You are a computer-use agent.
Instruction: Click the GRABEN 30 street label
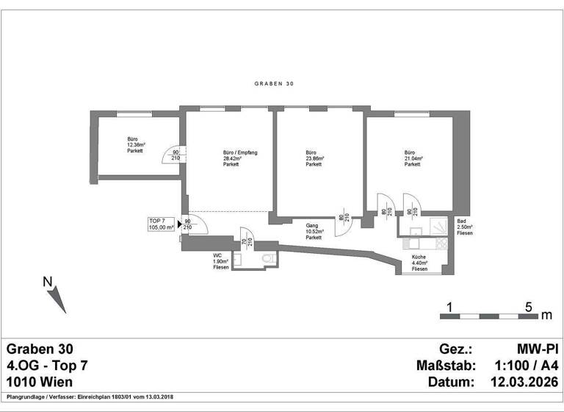(273, 85)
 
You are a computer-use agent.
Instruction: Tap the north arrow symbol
(54, 295)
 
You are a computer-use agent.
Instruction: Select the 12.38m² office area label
(134, 145)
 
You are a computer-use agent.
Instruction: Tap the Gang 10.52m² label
(314, 232)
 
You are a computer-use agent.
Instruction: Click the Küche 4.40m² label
(420, 263)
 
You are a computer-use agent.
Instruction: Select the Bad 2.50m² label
(464, 227)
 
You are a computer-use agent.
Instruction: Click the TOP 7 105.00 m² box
(161, 224)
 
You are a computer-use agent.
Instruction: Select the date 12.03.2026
(524, 382)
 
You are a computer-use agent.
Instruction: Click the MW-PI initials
(538, 348)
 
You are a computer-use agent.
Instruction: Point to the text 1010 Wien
(40, 382)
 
